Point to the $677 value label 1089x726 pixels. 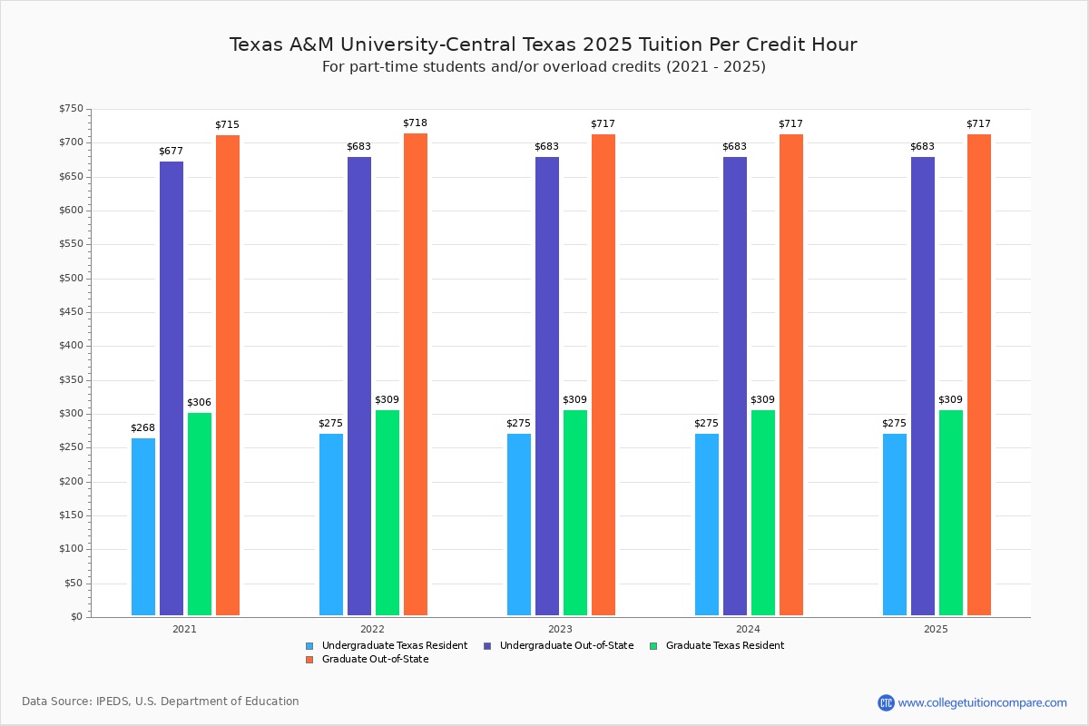click(172, 151)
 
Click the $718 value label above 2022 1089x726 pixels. click(415, 123)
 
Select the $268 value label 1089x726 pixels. click(142, 427)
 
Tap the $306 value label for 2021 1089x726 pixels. click(199, 402)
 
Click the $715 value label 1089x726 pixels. click(227, 124)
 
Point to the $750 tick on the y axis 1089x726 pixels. click(71, 109)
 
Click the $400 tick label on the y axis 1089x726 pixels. click(71, 346)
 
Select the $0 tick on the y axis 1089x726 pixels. click(76, 617)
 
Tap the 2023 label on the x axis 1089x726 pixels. click(560, 629)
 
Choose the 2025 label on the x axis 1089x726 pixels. click(936, 629)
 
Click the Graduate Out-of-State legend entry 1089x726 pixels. click(375, 660)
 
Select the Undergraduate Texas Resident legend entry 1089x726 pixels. click(394, 646)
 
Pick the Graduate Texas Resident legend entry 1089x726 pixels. click(724, 646)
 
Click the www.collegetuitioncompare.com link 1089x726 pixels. click(982, 702)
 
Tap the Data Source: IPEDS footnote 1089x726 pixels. click(161, 701)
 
